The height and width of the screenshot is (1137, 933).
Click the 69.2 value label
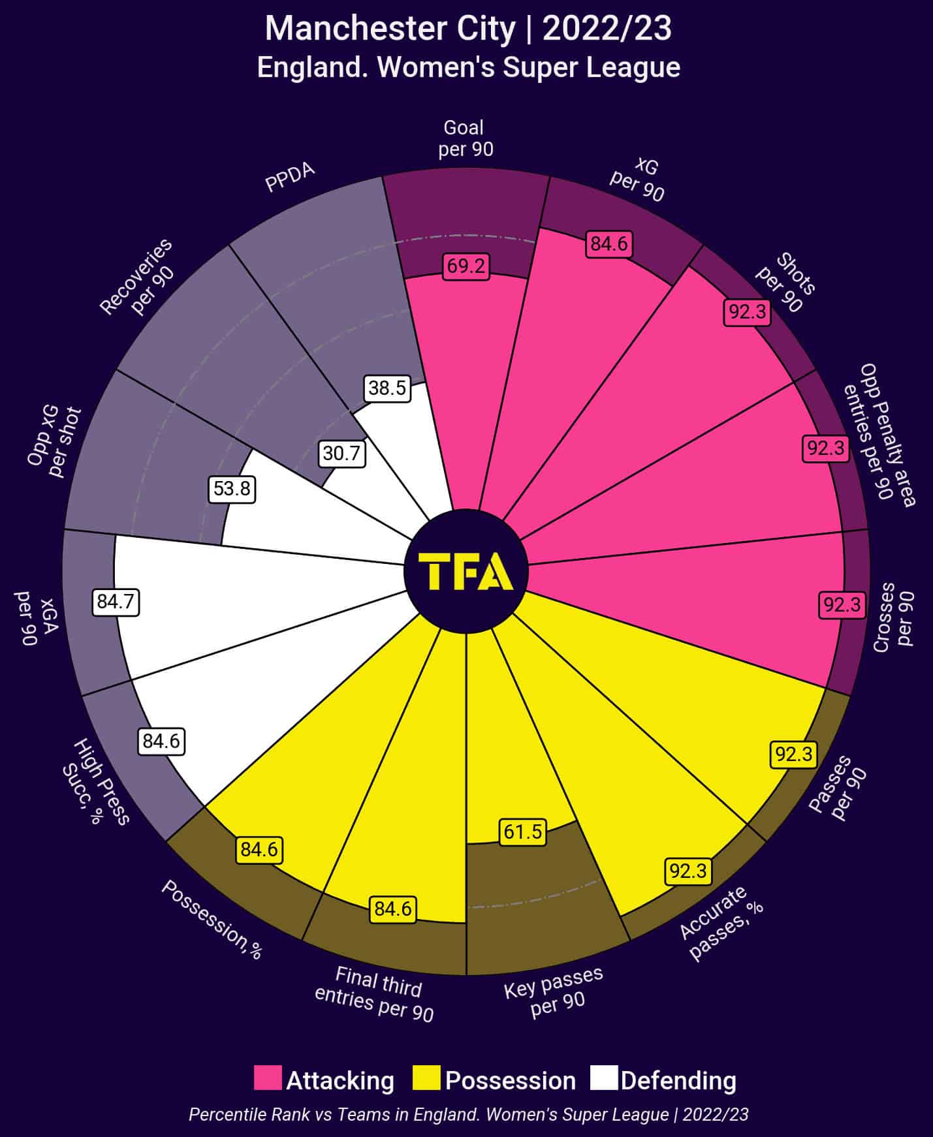[x=466, y=266]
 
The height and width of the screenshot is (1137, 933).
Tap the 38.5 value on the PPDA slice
[x=387, y=388]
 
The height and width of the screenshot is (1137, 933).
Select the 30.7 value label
[x=341, y=453]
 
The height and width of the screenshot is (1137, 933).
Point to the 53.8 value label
[x=232, y=489]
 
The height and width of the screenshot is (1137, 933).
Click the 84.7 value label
[x=116, y=601]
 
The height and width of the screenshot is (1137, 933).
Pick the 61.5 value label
[x=523, y=832]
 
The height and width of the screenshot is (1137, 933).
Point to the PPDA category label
[x=290, y=178]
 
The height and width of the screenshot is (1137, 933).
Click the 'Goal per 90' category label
[x=465, y=138]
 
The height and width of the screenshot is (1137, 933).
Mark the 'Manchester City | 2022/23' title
[x=468, y=29]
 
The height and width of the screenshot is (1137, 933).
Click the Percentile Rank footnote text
[x=468, y=1114]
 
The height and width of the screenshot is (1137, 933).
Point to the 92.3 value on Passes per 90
[x=793, y=755]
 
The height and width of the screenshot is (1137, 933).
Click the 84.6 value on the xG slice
[x=609, y=244]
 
